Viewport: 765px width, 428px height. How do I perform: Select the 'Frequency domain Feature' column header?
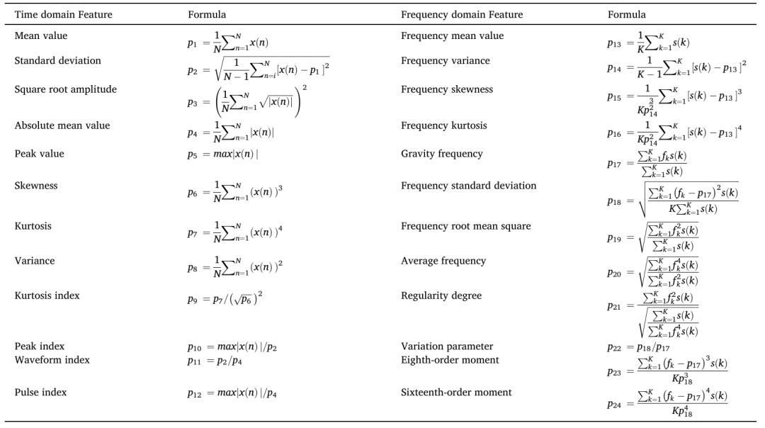[462, 14]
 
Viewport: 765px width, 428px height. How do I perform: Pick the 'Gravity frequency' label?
[441, 154]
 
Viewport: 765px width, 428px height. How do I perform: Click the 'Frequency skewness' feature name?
[447, 90]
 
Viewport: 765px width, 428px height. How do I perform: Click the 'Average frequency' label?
[443, 261]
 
